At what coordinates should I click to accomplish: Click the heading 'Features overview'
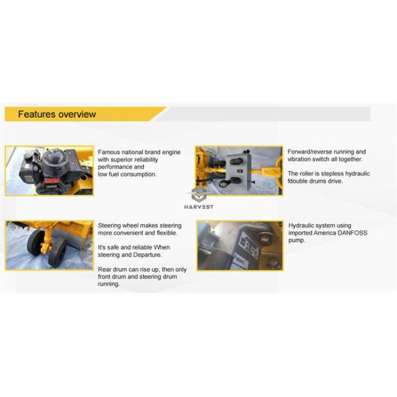coord(57,114)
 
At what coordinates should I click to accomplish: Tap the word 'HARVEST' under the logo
coord(198,206)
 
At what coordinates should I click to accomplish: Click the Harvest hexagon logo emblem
coord(198,194)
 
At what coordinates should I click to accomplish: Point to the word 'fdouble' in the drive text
coord(301,181)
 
